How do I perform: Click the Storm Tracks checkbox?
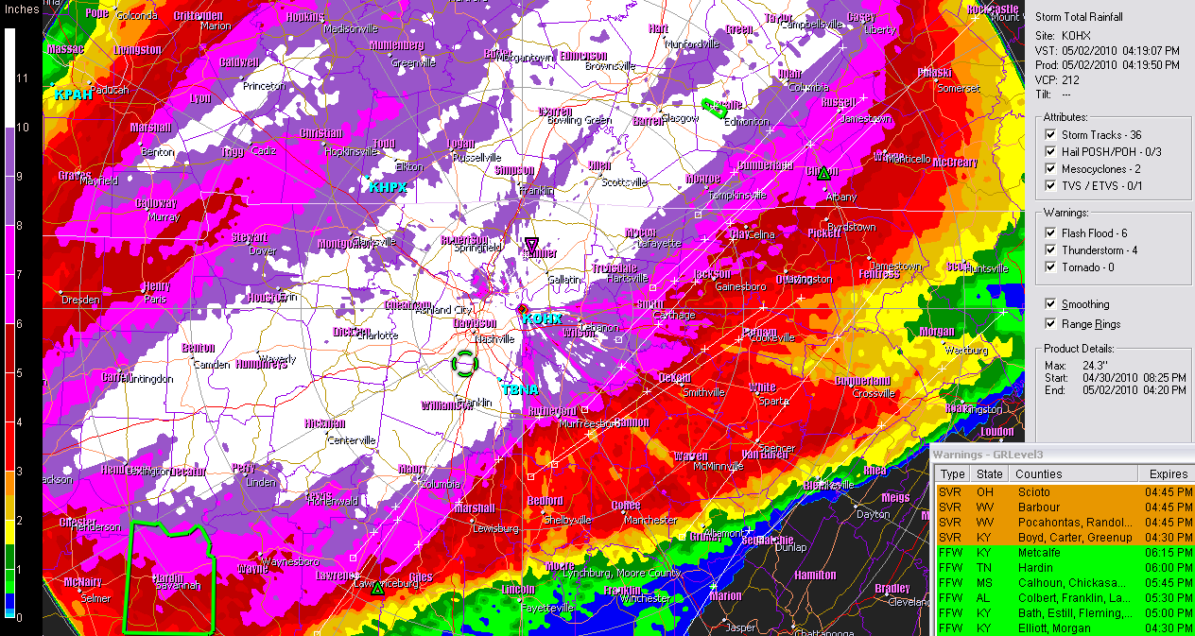1050,135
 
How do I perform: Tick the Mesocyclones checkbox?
1050,169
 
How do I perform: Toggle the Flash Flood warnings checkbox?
1050,233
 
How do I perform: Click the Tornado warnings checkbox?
1050,267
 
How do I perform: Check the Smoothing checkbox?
1050,304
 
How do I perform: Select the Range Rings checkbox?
1050,324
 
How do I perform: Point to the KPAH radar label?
72,95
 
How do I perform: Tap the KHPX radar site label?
388,188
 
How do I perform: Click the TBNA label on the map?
519,389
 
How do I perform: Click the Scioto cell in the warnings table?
1033,492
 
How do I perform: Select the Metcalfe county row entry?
1038,553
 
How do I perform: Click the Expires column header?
1168,474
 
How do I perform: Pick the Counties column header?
1038,474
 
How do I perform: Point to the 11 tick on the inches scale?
23,77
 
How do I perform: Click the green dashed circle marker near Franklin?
464,363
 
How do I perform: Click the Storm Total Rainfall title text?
1079,17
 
